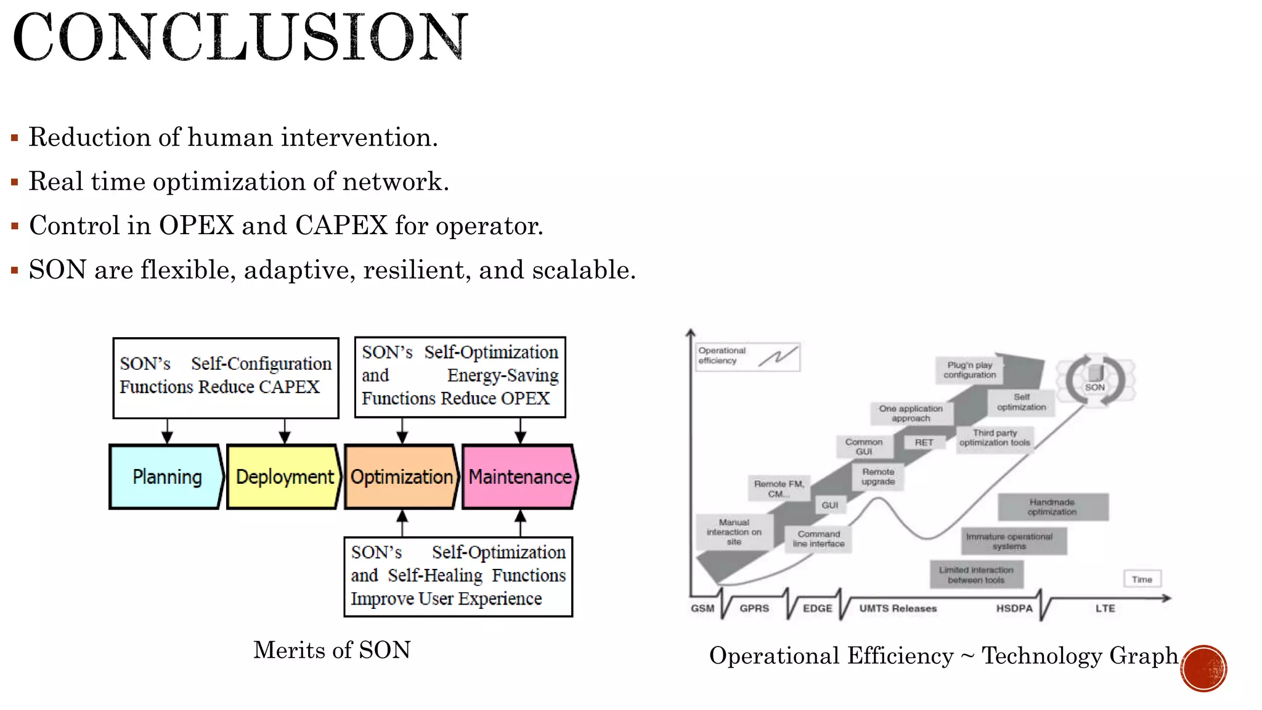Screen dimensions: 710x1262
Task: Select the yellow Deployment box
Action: click(284, 476)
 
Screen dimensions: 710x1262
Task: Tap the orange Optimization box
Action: click(401, 476)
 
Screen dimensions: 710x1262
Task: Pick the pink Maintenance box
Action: click(519, 476)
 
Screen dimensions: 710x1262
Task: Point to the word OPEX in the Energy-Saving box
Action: click(525, 399)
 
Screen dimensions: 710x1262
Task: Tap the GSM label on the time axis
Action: click(702, 608)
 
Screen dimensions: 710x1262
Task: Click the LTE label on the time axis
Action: click(1105, 608)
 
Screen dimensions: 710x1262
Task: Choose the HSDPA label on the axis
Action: click(1014, 608)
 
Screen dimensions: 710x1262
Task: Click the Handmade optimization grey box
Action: click(1052, 507)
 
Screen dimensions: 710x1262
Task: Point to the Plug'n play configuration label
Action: click(969, 370)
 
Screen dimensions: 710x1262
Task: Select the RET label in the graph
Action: click(924, 443)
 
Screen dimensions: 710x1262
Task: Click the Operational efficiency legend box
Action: click(747, 357)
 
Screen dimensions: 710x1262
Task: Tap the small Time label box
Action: click(1142, 579)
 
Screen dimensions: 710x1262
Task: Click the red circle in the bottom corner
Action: click(1203, 669)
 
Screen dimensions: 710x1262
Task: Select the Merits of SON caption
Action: click(332, 650)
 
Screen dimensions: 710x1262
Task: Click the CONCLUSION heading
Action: click(240, 37)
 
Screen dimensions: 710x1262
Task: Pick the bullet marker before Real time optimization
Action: click(15, 182)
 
